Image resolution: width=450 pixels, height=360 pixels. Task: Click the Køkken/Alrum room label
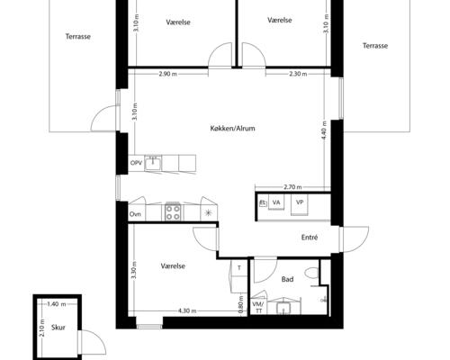231,130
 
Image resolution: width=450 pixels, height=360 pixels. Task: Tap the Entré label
310,238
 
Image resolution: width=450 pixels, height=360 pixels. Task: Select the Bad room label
288,280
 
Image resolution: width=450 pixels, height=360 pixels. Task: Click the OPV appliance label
136,163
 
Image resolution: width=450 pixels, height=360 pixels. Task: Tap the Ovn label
135,213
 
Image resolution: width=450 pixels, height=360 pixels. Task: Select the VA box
277,203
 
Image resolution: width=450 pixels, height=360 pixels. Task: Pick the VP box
301,203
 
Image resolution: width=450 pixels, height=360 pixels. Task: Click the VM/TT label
258,307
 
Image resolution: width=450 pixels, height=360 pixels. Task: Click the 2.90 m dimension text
166,74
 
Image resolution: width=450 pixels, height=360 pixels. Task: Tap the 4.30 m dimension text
187,311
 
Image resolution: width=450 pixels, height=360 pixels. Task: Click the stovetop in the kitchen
173,213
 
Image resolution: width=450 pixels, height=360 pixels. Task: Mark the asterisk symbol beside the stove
209,213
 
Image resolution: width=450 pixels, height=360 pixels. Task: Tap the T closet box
239,267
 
